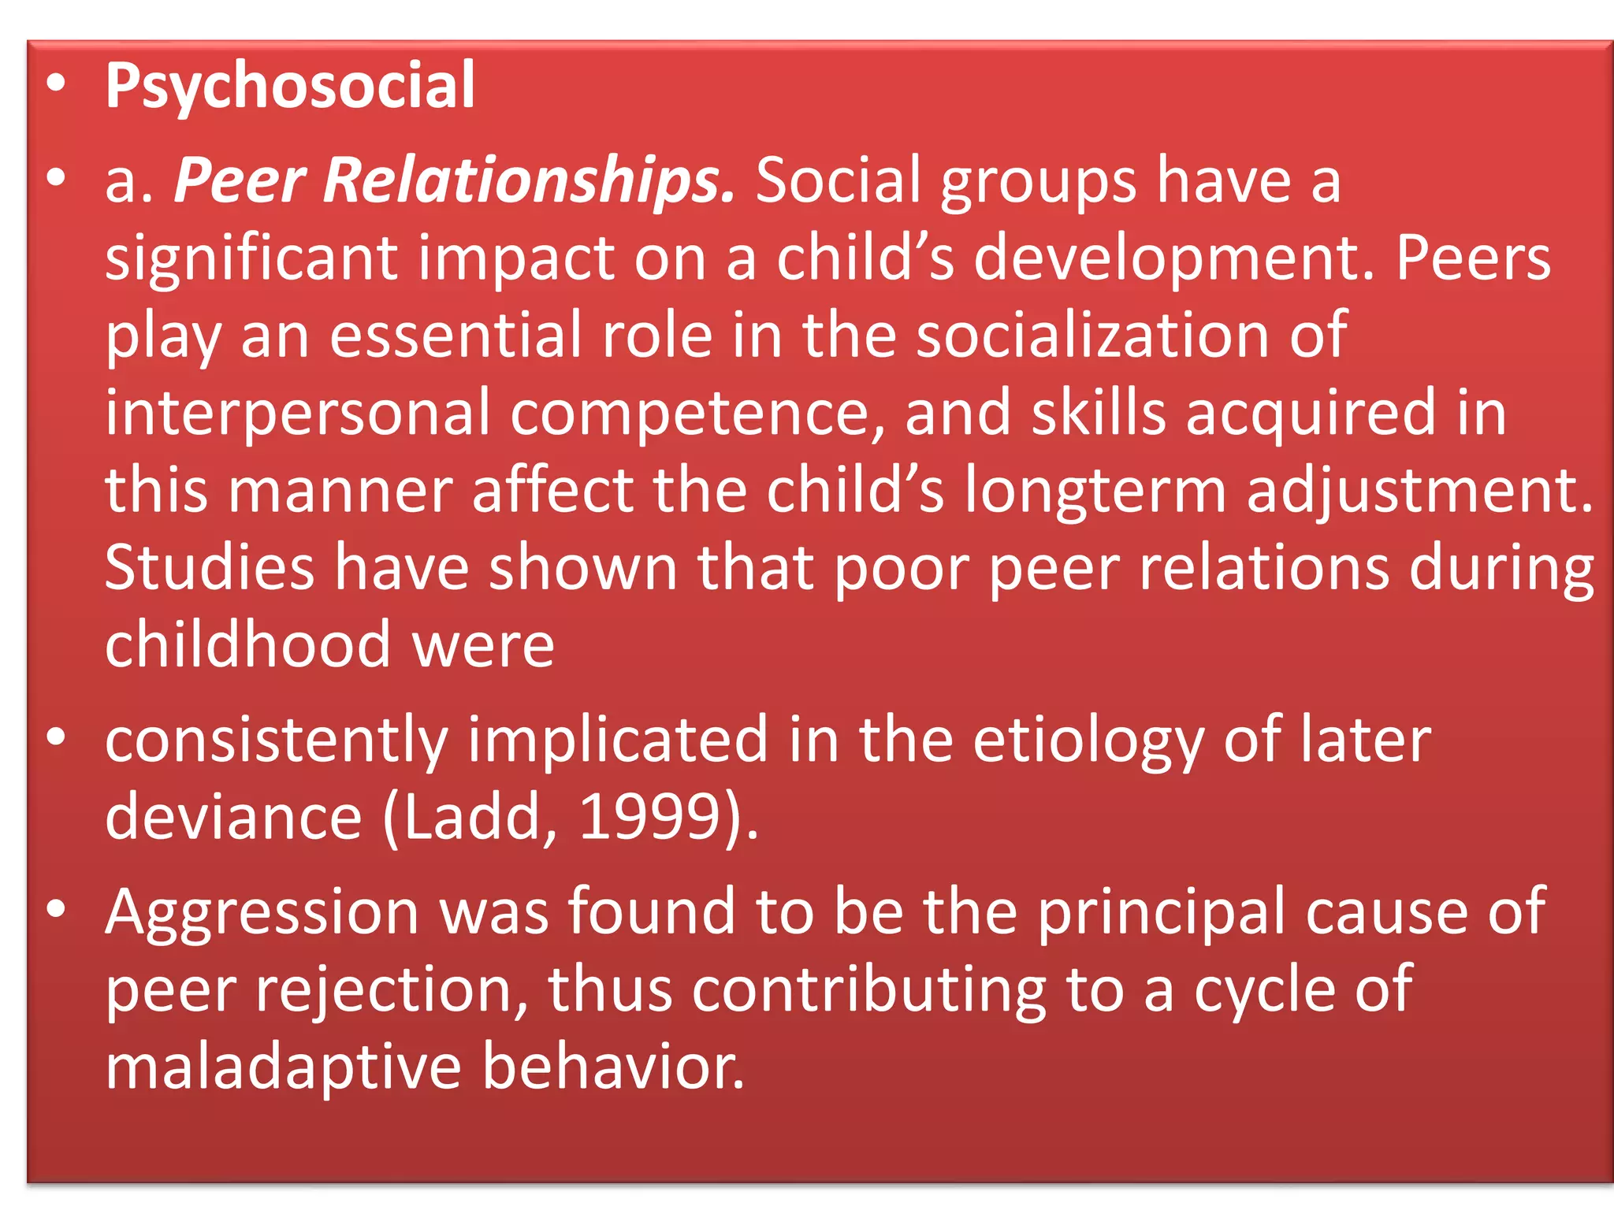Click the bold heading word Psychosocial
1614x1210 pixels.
[x=290, y=87]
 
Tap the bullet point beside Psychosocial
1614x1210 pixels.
[x=56, y=84]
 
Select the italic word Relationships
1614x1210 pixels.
[x=529, y=181]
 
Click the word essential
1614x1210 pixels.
[x=456, y=336]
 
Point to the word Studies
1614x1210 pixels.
[x=210, y=567]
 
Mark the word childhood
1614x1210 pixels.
[x=247, y=644]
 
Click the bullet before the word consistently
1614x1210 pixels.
[x=56, y=737]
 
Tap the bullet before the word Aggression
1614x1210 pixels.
[x=56, y=909]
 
